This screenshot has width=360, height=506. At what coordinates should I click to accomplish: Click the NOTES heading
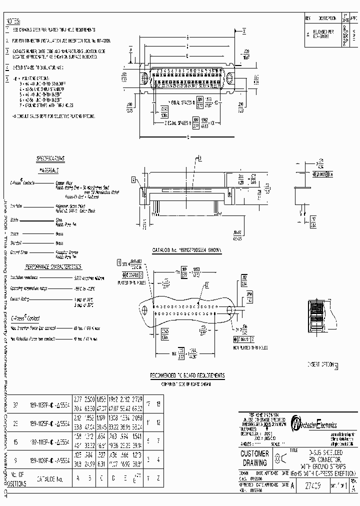[x=13, y=21]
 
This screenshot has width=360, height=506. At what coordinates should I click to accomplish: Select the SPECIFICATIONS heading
[x=50, y=158]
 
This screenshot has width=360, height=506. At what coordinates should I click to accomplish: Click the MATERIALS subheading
[x=49, y=170]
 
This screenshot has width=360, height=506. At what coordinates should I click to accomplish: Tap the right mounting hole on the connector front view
[x=230, y=78]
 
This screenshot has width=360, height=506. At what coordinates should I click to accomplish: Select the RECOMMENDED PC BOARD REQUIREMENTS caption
[x=187, y=375]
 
